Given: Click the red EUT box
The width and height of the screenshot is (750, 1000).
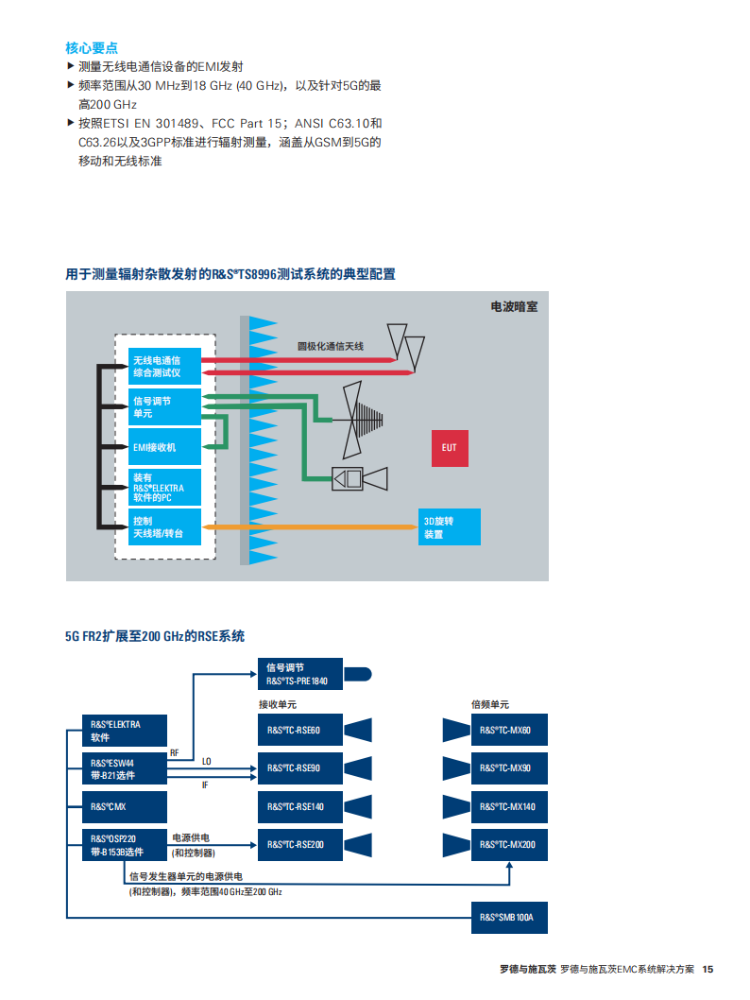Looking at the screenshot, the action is [450, 448].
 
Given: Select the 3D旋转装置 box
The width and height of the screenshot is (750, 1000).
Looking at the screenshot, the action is [450, 526].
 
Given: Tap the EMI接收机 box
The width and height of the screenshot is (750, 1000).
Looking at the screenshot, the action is [164, 446].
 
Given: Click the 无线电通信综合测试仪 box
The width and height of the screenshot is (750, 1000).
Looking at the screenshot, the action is [164, 366].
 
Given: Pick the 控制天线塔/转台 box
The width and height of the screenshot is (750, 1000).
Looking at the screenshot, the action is [164, 526].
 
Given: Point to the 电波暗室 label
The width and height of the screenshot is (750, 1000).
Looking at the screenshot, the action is [514, 307].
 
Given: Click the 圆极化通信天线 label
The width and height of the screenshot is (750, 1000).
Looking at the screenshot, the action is [330, 346].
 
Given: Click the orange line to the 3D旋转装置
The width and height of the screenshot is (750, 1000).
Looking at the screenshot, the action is [311, 526].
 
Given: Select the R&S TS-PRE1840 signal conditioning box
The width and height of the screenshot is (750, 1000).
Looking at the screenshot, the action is [300, 674].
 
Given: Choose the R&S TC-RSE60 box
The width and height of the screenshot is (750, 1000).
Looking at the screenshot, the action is [300, 730].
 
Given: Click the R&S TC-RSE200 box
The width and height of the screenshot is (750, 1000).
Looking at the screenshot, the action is [300, 844].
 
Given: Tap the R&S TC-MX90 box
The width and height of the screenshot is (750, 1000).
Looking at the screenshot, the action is [509, 767].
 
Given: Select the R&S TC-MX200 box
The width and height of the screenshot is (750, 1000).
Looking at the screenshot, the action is [509, 844].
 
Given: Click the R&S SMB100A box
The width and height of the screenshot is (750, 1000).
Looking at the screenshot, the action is [509, 917].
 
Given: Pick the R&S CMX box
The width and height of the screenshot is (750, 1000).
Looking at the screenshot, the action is [125, 807].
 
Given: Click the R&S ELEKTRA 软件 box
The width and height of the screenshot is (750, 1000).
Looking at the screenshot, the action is [125, 731].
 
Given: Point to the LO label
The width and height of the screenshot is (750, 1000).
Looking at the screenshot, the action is [207, 762].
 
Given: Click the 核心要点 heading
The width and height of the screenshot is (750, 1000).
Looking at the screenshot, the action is [91, 48].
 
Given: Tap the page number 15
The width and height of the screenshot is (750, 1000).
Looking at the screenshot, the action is [707, 969].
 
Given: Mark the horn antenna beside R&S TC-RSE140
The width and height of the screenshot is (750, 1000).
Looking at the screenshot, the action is [358, 807].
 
